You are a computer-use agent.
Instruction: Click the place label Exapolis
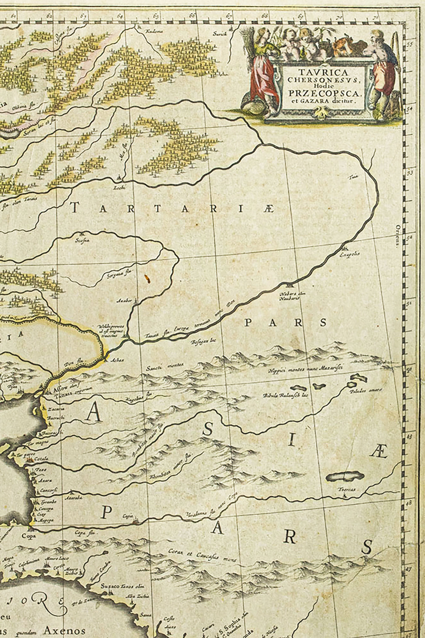click(349, 254)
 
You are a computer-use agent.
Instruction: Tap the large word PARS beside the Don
click(286, 323)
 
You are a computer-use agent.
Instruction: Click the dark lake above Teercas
click(343, 476)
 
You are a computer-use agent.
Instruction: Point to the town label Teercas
click(346, 490)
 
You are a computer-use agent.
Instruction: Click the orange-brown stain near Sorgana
click(147, 279)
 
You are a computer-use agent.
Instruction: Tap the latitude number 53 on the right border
click(411, 174)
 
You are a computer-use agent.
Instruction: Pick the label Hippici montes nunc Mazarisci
click(305, 369)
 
